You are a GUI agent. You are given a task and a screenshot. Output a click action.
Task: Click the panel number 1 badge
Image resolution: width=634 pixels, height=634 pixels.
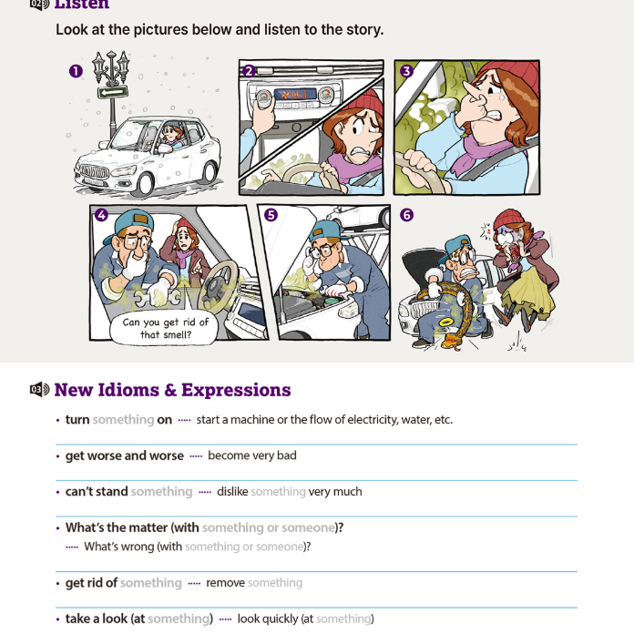click(76, 71)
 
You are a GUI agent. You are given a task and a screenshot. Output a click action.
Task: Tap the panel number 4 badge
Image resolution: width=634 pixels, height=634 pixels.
click(101, 215)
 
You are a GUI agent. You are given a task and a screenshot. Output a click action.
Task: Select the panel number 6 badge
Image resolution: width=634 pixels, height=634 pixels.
click(407, 215)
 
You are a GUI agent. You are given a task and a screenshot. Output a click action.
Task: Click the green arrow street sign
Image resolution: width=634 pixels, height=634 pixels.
click(113, 93)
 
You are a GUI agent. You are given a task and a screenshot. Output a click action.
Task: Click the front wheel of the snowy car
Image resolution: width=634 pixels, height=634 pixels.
click(146, 184)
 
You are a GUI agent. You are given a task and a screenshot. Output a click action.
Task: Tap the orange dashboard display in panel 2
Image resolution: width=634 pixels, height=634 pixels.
click(295, 95)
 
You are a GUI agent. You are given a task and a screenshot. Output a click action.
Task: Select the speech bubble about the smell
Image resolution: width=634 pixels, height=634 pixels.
click(164, 328)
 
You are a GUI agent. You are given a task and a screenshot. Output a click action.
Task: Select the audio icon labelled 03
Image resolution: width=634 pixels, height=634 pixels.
click(40, 389)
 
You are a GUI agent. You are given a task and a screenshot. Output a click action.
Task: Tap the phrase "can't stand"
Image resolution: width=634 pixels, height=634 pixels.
click(97, 492)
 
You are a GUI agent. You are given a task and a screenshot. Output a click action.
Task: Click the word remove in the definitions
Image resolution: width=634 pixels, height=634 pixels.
click(225, 583)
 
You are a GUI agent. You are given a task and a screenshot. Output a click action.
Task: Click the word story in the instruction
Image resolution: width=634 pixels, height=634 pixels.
click(363, 30)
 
